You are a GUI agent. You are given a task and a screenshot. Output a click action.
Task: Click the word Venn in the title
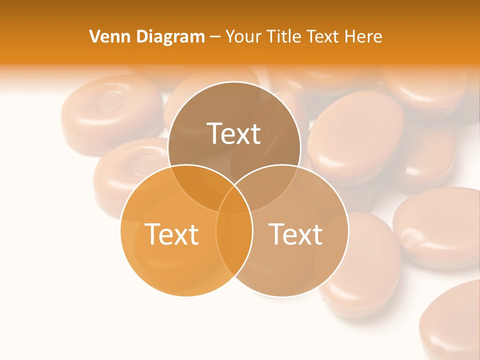[x=106, y=36]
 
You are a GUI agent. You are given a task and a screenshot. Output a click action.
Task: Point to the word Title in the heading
[x=284, y=36]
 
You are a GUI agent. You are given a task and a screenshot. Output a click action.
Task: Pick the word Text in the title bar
[x=323, y=36]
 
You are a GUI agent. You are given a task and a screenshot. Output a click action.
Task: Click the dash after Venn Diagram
[x=215, y=37]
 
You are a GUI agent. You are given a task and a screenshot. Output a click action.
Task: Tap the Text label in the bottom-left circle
[x=171, y=234]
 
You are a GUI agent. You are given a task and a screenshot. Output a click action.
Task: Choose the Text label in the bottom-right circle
[x=295, y=234]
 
